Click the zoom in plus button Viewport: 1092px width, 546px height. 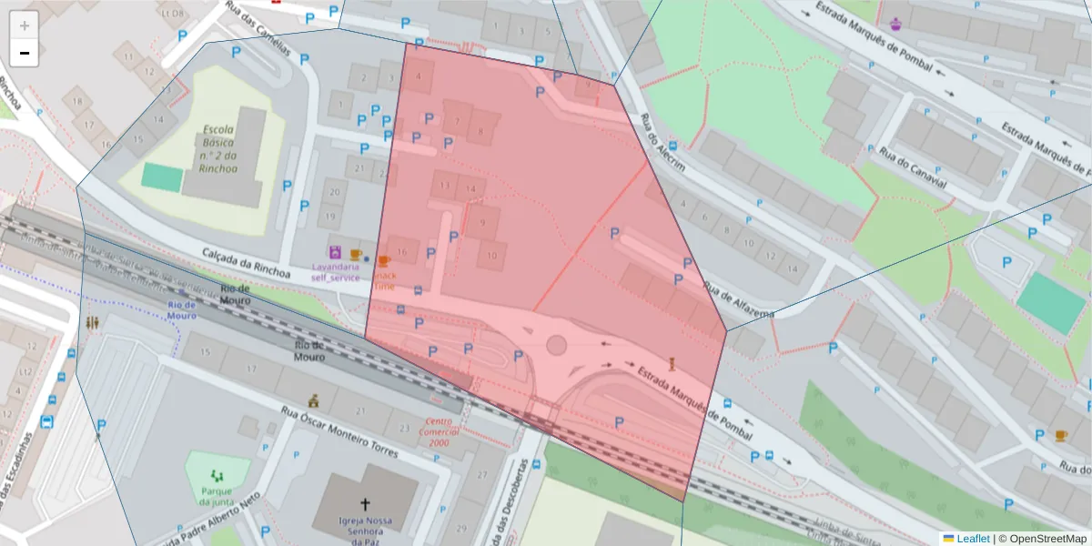pos(25,25)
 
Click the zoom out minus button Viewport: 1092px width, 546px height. pos(25,54)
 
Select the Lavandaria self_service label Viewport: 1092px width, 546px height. pos(336,272)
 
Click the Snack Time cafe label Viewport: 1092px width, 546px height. pos(385,280)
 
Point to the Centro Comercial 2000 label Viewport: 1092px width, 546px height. pos(439,432)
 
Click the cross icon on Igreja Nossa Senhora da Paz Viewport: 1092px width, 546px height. pos(365,503)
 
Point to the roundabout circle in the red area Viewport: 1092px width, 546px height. pos(556,346)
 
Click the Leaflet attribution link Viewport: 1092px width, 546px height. pos(972,538)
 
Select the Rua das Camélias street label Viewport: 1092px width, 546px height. pos(259,29)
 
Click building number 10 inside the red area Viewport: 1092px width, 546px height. pos(491,257)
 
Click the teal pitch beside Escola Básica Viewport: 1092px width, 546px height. pos(161,177)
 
